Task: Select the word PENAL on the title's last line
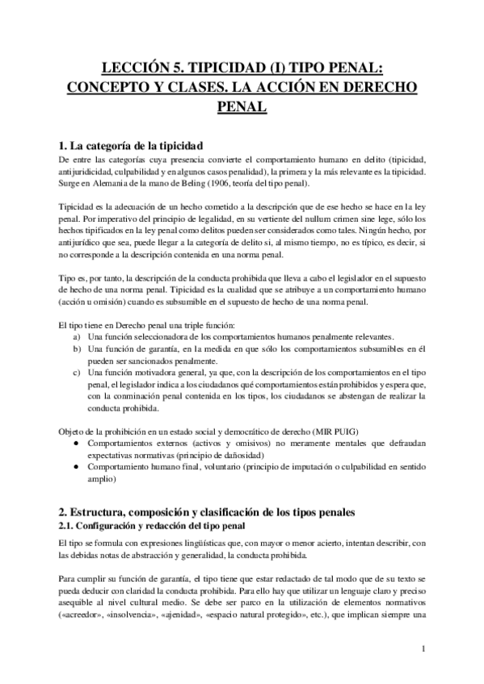click(242, 105)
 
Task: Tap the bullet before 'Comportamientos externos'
click(76, 444)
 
